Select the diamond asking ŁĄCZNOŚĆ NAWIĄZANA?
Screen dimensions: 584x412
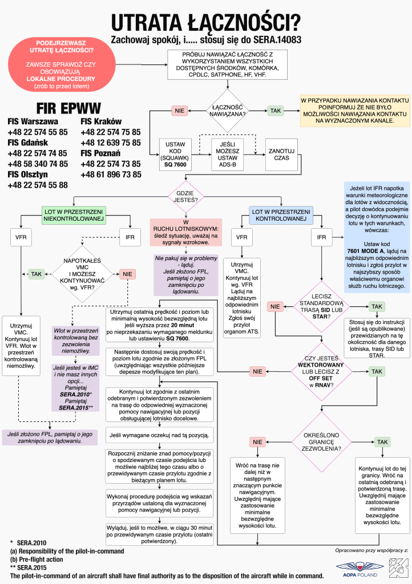pos(228,110)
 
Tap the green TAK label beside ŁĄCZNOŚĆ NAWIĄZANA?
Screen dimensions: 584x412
pos(276,109)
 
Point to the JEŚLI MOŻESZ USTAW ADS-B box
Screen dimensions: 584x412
pos(227,153)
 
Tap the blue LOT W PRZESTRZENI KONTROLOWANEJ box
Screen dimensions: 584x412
pos(282,214)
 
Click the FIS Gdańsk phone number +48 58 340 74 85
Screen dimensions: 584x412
pos(38,164)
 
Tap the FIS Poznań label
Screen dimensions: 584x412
pos(101,153)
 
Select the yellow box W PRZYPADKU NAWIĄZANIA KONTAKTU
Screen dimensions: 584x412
pos(356,111)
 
